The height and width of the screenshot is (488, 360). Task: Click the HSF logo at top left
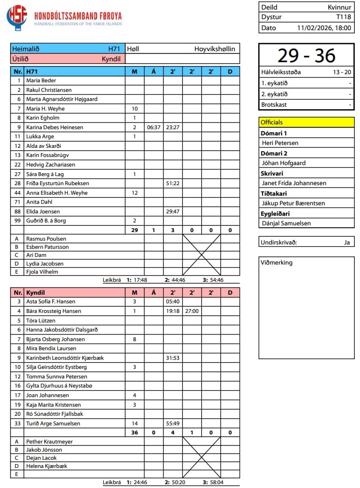[17, 18]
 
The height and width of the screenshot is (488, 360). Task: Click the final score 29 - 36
[306, 55]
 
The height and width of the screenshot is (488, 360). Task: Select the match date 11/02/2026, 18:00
[324, 28]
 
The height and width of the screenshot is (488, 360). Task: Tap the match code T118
[344, 17]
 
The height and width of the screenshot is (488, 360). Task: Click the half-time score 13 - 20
[342, 73]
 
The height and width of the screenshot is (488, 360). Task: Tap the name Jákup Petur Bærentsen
[293, 203]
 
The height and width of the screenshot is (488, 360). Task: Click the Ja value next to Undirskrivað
[347, 242]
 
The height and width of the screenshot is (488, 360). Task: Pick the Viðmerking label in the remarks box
[276, 262]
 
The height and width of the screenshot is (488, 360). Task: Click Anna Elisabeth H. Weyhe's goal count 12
[134, 193]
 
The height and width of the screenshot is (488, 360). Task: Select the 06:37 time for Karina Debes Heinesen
[153, 127]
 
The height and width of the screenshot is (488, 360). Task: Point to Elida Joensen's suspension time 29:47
[173, 211]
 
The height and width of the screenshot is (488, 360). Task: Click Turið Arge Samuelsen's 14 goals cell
[134, 423]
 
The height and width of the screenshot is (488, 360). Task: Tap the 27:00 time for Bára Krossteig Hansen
[192, 311]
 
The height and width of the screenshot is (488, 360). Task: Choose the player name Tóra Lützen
[41, 320]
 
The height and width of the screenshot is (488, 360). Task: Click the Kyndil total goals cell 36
[134, 433]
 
